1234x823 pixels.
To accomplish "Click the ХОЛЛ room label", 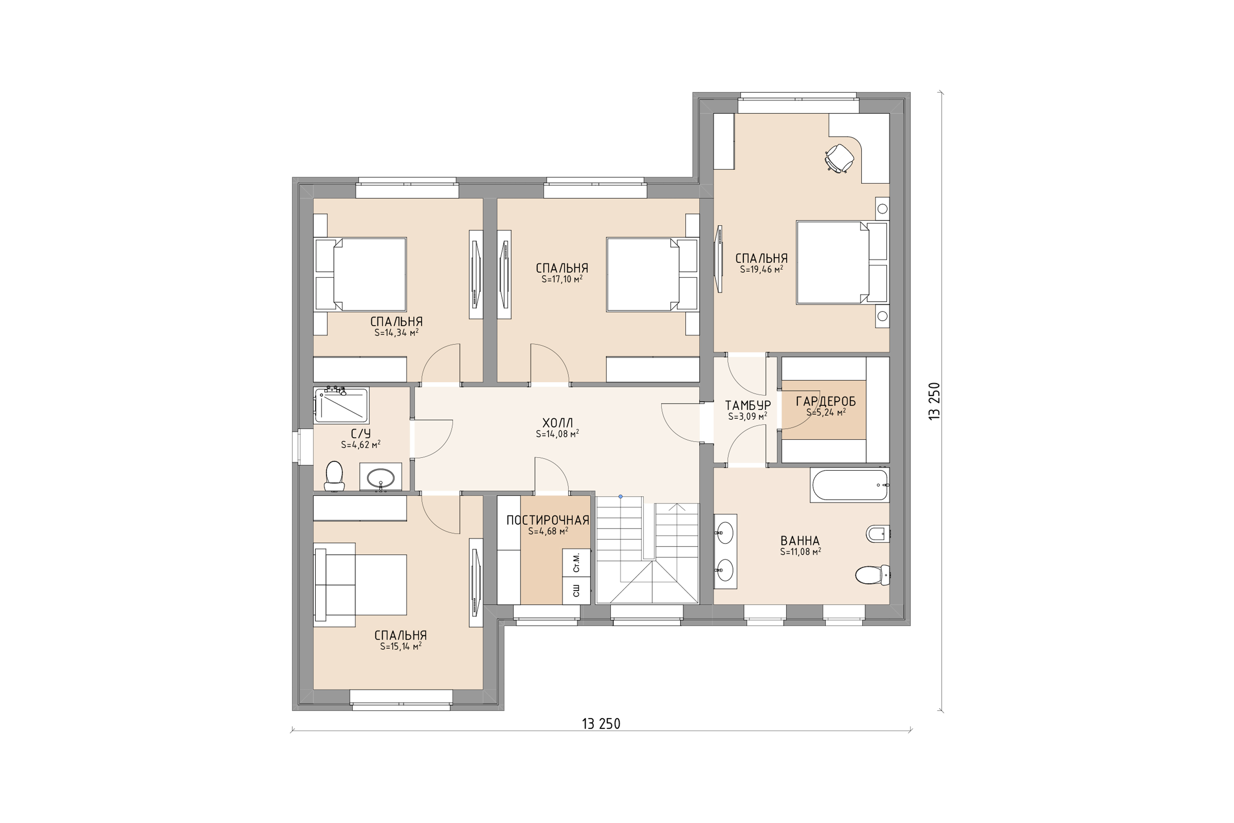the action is [x=558, y=423].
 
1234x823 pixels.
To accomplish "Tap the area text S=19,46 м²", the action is [x=762, y=269].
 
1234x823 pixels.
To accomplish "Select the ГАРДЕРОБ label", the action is [x=826, y=402].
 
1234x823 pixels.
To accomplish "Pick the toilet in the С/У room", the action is [x=334, y=475].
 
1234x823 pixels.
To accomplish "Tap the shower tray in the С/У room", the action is [x=341, y=405].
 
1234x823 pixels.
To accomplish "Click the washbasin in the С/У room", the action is [x=380, y=478].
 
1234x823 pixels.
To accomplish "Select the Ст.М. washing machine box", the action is [x=577, y=562].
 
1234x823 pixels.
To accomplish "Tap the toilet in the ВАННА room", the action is [x=872, y=575].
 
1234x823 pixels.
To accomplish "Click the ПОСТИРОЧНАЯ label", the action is [x=548, y=520].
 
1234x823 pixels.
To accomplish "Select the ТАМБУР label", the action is [x=748, y=405].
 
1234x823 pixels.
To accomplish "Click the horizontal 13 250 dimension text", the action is [x=601, y=724].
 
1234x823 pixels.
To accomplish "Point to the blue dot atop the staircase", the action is [x=620, y=496].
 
